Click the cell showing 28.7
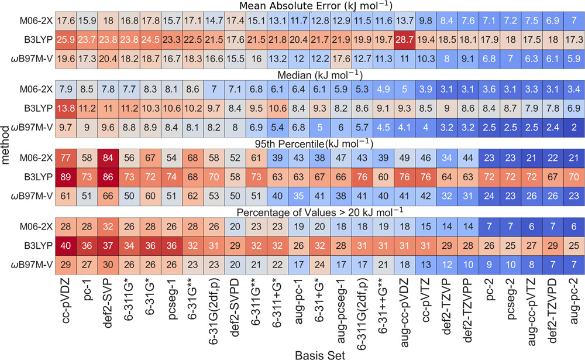[x=405, y=40]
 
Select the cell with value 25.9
[x=66, y=40]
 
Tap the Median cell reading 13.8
[x=66, y=108]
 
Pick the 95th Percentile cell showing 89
[x=66, y=177]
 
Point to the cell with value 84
[x=108, y=158]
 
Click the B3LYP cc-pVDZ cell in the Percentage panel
[x=66, y=246]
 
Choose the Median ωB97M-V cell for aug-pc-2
[x=574, y=128]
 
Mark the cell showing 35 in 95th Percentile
[x=299, y=196]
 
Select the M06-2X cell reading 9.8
[x=426, y=20]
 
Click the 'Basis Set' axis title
[x=320, y=355]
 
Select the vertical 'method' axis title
[x=5, y=145]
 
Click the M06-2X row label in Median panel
[x=36, y=89]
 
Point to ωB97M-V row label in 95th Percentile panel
[x=32, y=196]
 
